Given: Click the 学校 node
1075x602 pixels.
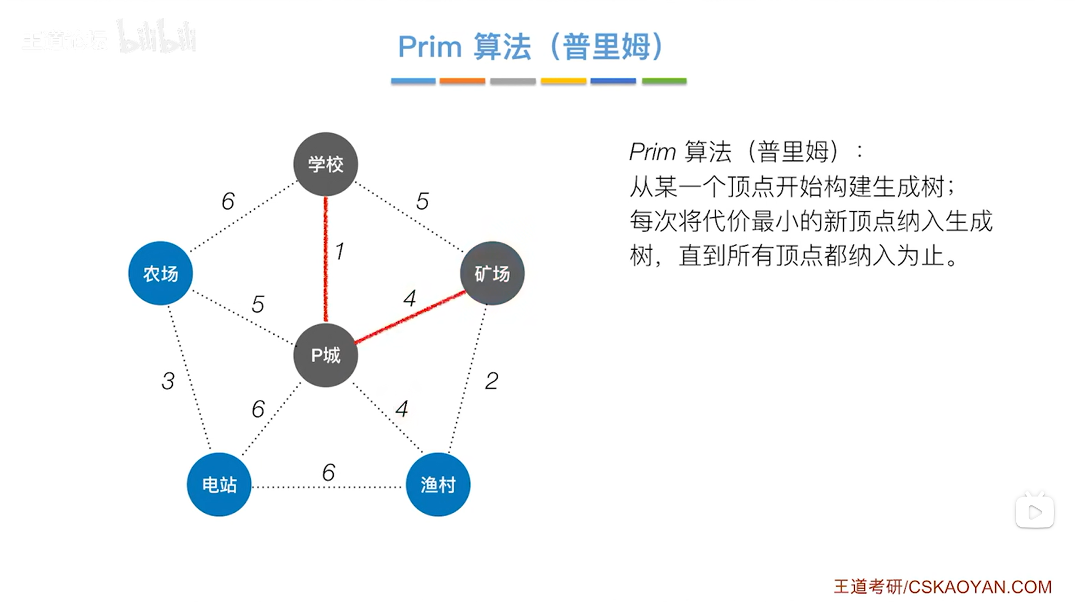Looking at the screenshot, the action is click(x=325, y=164).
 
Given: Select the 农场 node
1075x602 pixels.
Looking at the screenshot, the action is click(x=160, y=273).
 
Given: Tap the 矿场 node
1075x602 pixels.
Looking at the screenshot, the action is click(x=492, y=273).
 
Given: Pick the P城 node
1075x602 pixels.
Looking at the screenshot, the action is click(x=325, y=355).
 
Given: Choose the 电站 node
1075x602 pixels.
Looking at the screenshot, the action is click(x=219, y=485).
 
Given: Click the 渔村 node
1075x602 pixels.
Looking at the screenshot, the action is click(x=438, y=485).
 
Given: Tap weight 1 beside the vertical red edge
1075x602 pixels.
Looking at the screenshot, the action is click(x=340, y=251).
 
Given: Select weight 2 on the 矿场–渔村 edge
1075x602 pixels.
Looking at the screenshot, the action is click(x=491, y=381).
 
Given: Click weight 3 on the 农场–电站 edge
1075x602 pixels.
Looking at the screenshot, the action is click(x=168, y=381).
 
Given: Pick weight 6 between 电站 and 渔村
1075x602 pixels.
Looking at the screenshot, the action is click(x=328, y=472).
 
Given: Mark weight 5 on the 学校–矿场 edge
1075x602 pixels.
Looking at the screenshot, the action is click(x=422, y=201).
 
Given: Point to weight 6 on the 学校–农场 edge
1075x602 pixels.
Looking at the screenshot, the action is click(x=228, y=201).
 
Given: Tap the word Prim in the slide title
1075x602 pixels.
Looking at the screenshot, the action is click(x=430, y=46).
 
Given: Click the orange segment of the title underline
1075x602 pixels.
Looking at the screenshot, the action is click(x=462, y=81).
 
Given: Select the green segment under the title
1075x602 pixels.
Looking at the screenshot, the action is click(x=664, y=81).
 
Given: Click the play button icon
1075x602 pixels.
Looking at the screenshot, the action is click(x=1034, y=512).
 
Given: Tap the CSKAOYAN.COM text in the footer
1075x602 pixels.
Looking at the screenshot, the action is click(x=980, y=587).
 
